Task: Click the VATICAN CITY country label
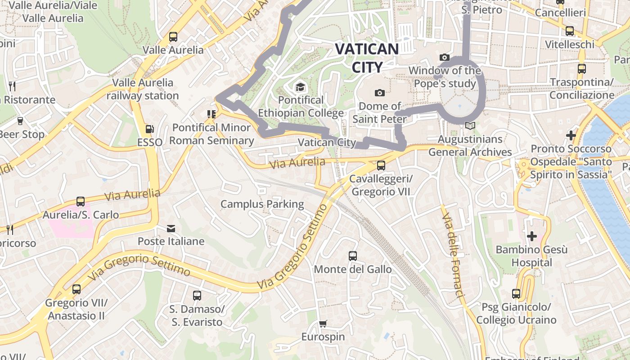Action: [367, 58]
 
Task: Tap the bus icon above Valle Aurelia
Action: [173, 37]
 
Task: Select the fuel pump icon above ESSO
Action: [149, 130]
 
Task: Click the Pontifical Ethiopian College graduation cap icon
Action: [300, 86]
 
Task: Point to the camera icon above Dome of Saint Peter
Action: [380, 93]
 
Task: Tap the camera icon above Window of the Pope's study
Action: [445, 58]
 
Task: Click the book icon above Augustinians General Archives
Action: [470, 126]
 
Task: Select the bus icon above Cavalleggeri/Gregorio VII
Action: [381, 166]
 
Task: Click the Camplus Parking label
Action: [262, 204]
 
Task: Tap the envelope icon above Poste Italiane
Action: [171, 229]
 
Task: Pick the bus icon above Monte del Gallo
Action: [353, 256]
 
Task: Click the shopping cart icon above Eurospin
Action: [323, 324]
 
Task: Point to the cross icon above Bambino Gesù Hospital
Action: [532, 236]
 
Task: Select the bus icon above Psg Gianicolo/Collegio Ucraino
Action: [516, 294]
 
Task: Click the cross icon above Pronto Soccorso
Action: [571, 135]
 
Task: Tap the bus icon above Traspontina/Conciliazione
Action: [582, 69]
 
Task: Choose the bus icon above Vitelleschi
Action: [570, 31]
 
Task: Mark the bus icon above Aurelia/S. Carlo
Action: [81, 202]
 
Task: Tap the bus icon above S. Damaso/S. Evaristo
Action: [197, 296]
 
